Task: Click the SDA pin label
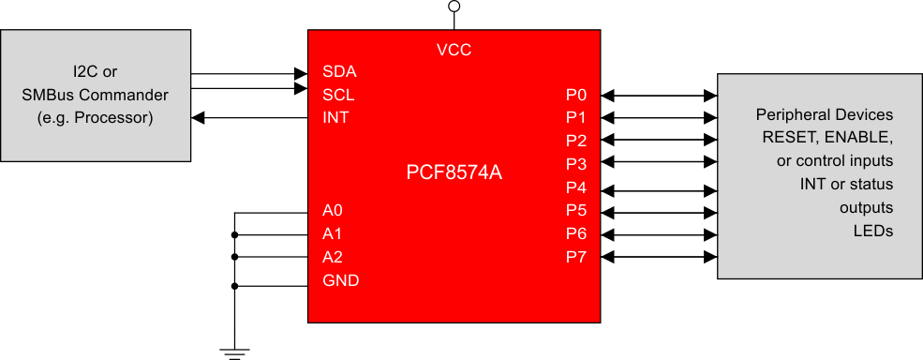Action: (x=338, y=71)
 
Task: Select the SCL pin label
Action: (x=338, y=95)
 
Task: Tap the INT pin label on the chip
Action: (x=335, y=118)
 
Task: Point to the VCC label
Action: (x=454, y=50)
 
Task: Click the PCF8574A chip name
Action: (x=454, y=172)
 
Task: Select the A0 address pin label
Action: (x=333, y=210)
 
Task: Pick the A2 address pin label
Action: (x=333, y=257)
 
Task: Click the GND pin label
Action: (x=340, y=280)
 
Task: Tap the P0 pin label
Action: (x=575, y=95)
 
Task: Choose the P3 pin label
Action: (x=575, y=164)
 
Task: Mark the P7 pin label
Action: (x=575, y=257)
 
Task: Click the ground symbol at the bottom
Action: (x=234, y=352)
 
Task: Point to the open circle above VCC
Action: (x=454, y=7)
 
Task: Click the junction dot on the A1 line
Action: (x=234, y=234)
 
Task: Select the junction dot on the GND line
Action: (x=234, y=285)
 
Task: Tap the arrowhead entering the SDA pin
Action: (x=302, y=72)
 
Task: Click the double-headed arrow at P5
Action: (x=659, y=211)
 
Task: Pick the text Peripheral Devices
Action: (x=825, y=115)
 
